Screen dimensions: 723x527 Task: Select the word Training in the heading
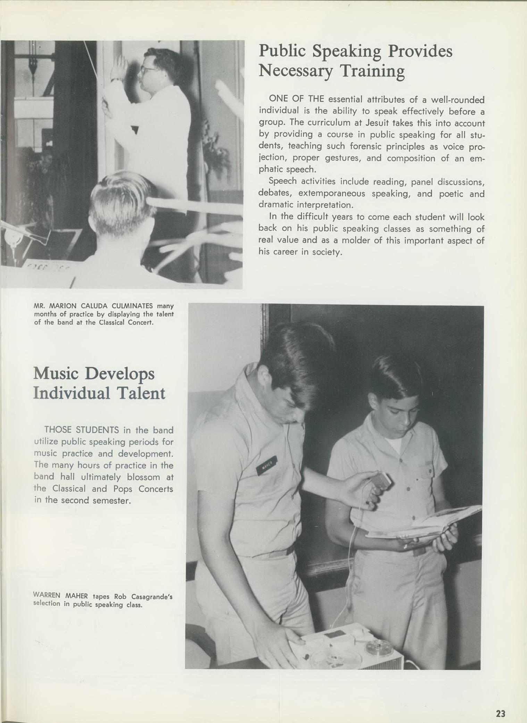point(372,71)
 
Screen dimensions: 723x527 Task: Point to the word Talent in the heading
point(141,393)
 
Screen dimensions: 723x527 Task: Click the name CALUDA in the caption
point(95,306)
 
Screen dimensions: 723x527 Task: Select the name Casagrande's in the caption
point(152,597)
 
